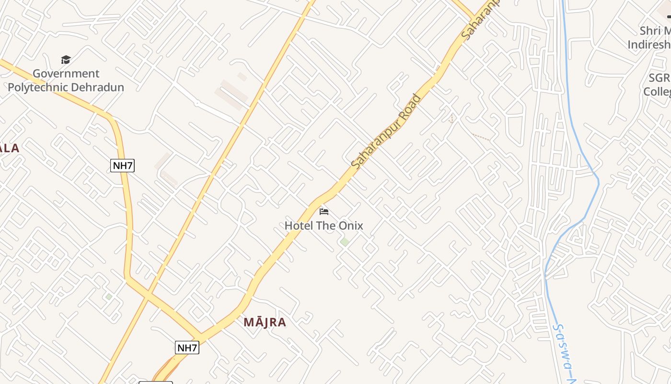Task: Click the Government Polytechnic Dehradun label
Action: pos(66,81)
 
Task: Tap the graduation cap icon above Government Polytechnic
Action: pos(66,60)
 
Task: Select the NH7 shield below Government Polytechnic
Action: pos(122,166)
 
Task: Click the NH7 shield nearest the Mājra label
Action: pos(187,348)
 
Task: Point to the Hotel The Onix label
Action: pos(324,226)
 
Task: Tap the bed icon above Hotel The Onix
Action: pos(324,211)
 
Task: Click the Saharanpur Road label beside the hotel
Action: pos(386,131)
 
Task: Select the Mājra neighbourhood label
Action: pos(265,322)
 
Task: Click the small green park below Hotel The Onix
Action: pos(345,241)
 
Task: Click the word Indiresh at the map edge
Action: pos(649,45)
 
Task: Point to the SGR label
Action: pos(659,78)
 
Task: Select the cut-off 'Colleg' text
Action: pos(657,91)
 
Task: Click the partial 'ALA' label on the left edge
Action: pos(10,148)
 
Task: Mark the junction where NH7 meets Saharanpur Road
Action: pos(201,335)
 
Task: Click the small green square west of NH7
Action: pos(109,297)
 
